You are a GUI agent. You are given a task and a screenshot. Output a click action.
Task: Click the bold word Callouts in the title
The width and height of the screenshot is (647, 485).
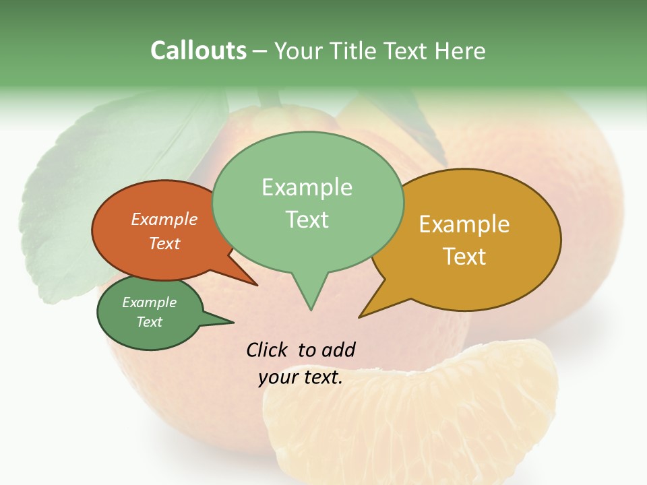tap(199, 51)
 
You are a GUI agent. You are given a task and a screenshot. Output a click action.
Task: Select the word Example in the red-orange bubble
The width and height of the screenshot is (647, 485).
tap(164, 219)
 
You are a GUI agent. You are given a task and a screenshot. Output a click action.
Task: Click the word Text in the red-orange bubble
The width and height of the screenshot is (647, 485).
tap(164, 243)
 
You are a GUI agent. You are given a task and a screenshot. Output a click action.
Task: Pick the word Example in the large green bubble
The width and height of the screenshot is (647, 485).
tap(307, 187)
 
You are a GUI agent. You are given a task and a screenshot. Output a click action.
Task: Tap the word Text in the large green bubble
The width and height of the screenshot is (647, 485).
tap(307, 220)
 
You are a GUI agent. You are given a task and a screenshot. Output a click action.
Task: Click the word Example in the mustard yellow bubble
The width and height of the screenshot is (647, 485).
tap(464, 224)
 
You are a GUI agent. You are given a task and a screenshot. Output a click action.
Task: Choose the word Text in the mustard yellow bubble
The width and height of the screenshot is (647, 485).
tap(464, 256)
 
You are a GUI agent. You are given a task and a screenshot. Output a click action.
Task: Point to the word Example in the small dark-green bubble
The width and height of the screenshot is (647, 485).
tap(149, 302)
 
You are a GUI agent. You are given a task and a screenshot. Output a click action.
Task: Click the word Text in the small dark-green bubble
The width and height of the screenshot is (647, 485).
tap(149, 322)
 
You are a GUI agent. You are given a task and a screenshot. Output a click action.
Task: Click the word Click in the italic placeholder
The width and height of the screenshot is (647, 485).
tap(268, 350)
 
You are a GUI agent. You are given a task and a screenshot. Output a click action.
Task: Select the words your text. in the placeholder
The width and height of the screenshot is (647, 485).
tap(301, 377)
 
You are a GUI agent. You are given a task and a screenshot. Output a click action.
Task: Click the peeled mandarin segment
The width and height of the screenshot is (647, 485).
tap(411, 418)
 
